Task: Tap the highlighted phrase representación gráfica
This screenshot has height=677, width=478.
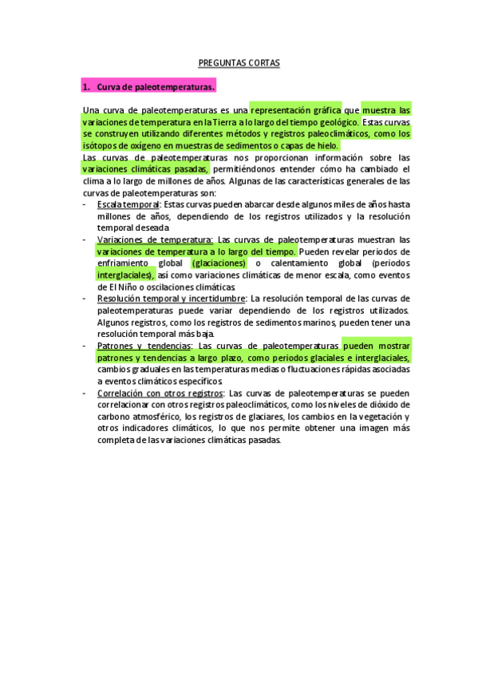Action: click(x=294, y=110)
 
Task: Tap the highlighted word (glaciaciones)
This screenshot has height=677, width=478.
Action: click(x=219, y=263)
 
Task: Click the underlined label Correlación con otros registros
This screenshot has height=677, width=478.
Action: click(x=160, y=393)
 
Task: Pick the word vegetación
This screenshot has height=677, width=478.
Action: click(x=373, y=417)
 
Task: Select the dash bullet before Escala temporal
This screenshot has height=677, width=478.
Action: click(x=85, y=204)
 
